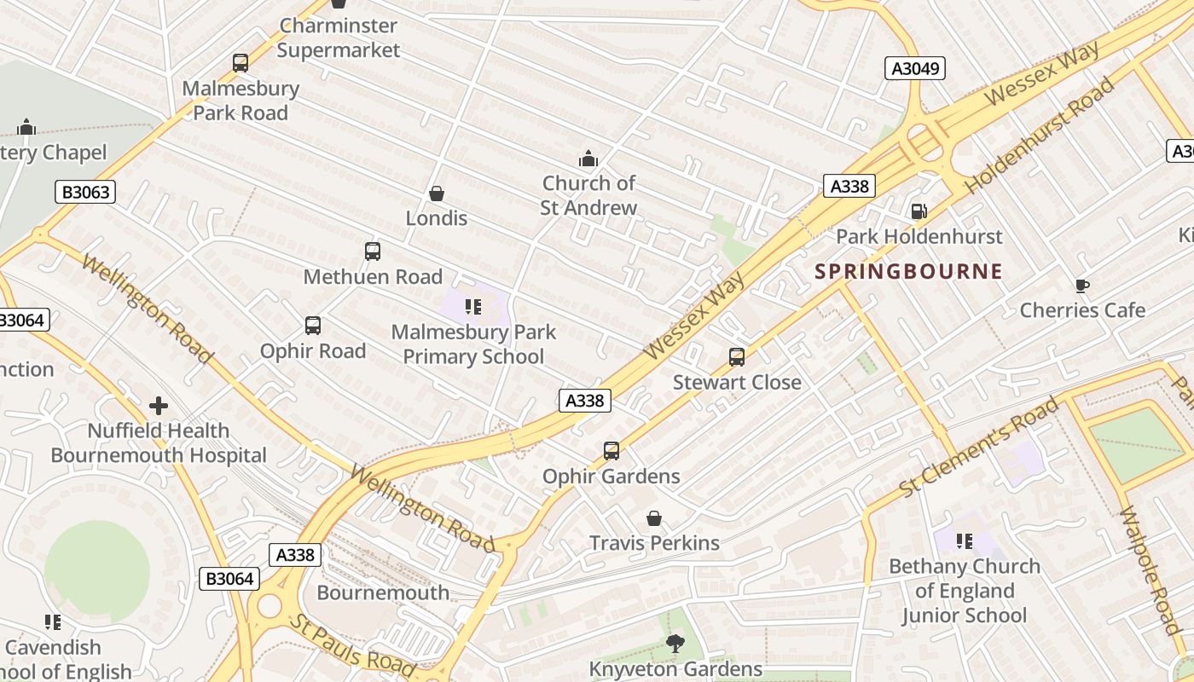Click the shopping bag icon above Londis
click(437, 194)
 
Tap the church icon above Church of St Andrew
click(588, 159)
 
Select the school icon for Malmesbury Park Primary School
click(473, 306)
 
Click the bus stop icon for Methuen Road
click(373, 251)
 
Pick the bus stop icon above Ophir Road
click(313, 326)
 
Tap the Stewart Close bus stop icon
click(737, 357)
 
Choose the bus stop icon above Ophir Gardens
click(611, 451)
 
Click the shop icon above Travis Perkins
click(654, 518)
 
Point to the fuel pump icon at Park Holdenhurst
click(919, 211)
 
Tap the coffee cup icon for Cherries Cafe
click(1082, 286)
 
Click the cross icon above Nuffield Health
click(159, 406)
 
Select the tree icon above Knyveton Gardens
click(675, 644)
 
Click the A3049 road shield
click(915, 68)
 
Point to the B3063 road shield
click(85, 192)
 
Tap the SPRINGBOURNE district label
click(908, 272)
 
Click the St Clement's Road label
click(978, 447)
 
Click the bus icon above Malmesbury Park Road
click(241, 62)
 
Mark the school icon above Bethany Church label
click(965, 541)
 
